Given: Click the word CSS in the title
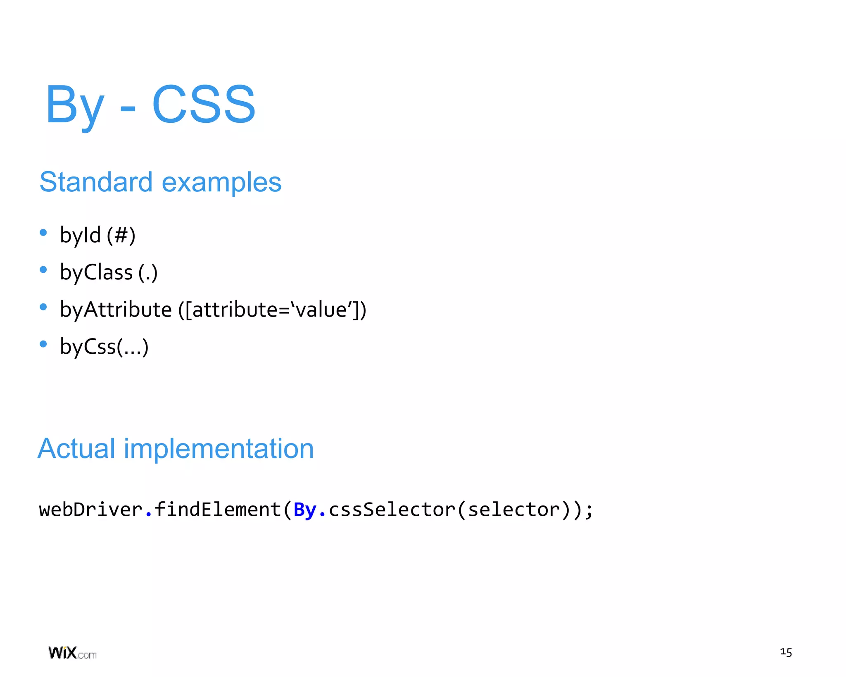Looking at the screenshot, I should coord(204,104).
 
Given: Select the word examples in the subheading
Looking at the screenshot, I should coord(221,183).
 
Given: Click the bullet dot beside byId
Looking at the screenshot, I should coord(43,233).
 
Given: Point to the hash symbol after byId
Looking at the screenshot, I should coord(121,235).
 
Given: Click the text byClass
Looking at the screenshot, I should coord(96,272).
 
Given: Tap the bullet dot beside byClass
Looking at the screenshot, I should coord(43,270).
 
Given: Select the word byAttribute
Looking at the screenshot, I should coord(116,310).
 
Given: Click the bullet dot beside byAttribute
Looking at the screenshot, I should coord(43,307).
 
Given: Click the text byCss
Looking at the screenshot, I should coord(88,347).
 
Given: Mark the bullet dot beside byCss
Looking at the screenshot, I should coord(43,344).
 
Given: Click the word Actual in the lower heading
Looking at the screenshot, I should coord(76,448).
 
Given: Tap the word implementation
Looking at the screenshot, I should coord(219,449).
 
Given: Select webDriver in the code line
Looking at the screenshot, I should coord(90,509).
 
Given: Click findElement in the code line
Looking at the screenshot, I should coord(217,509).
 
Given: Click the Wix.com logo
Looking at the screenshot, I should coord(72,653).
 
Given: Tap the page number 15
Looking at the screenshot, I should coord(786,652).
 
